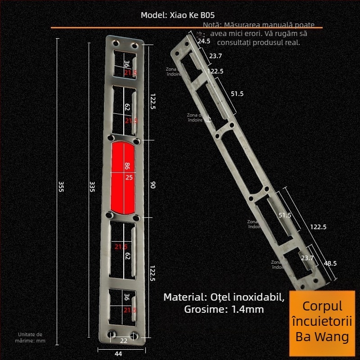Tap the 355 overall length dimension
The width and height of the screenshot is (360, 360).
click(x=61, y=186)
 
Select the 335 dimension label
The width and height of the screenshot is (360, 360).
click(x=92, y=186)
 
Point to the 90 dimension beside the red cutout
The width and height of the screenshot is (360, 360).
click(x=153, y=185)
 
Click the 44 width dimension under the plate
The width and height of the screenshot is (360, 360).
click(x=118, y=354)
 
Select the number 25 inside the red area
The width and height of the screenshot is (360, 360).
click(x=129, y=177)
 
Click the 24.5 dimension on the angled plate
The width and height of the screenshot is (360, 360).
click(x=204, y=41)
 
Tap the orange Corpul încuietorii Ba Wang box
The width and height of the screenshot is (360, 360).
click(x=323, y=321)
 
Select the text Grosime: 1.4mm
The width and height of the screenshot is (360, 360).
click(x=224, y=310)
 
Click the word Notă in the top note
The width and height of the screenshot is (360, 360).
click(x=211, y=25)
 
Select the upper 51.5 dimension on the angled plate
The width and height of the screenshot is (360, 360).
click(x=237, y=94)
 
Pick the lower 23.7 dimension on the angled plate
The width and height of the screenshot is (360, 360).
click(x=307, y=258)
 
